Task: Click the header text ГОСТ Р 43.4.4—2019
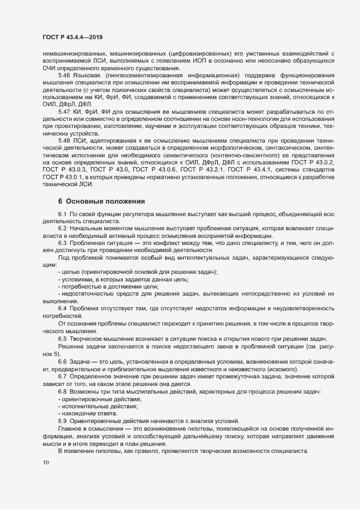click(72, 37)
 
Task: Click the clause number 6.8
click(62, 392)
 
